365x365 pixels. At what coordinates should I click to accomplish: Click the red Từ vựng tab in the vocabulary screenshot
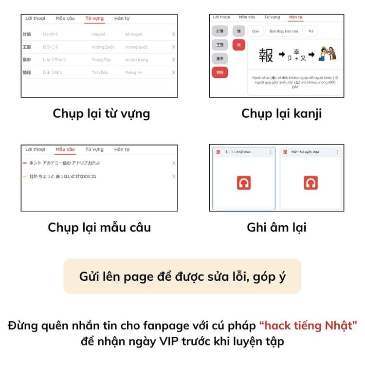point(94,18)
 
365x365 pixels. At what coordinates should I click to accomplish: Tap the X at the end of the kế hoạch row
point(174,34)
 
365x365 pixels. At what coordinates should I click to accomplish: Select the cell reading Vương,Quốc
point(103,47)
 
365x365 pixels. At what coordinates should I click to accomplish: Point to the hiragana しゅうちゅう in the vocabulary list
point(55,60)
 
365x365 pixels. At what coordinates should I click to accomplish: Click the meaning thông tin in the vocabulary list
point(133,73)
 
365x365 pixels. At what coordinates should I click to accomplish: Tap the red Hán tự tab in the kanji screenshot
point(295,17)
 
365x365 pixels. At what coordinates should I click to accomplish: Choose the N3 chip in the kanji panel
point(311,31)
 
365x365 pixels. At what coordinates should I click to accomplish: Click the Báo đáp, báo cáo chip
point(284,31)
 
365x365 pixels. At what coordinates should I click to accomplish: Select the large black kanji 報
point(266,55)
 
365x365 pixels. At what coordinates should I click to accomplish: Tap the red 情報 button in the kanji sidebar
point(220,73)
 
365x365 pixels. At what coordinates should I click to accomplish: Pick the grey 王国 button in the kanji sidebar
point(220,45)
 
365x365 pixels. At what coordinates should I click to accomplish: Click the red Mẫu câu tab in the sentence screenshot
point(65,149)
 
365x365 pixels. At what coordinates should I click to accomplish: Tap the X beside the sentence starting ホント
point(174,163)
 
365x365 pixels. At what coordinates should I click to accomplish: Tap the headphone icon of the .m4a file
point(244,183)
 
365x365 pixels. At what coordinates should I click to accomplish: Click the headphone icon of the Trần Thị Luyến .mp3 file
point(310,183)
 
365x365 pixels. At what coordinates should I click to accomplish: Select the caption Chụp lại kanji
point(281,113)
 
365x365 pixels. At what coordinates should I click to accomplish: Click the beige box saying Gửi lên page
point(182,276)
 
